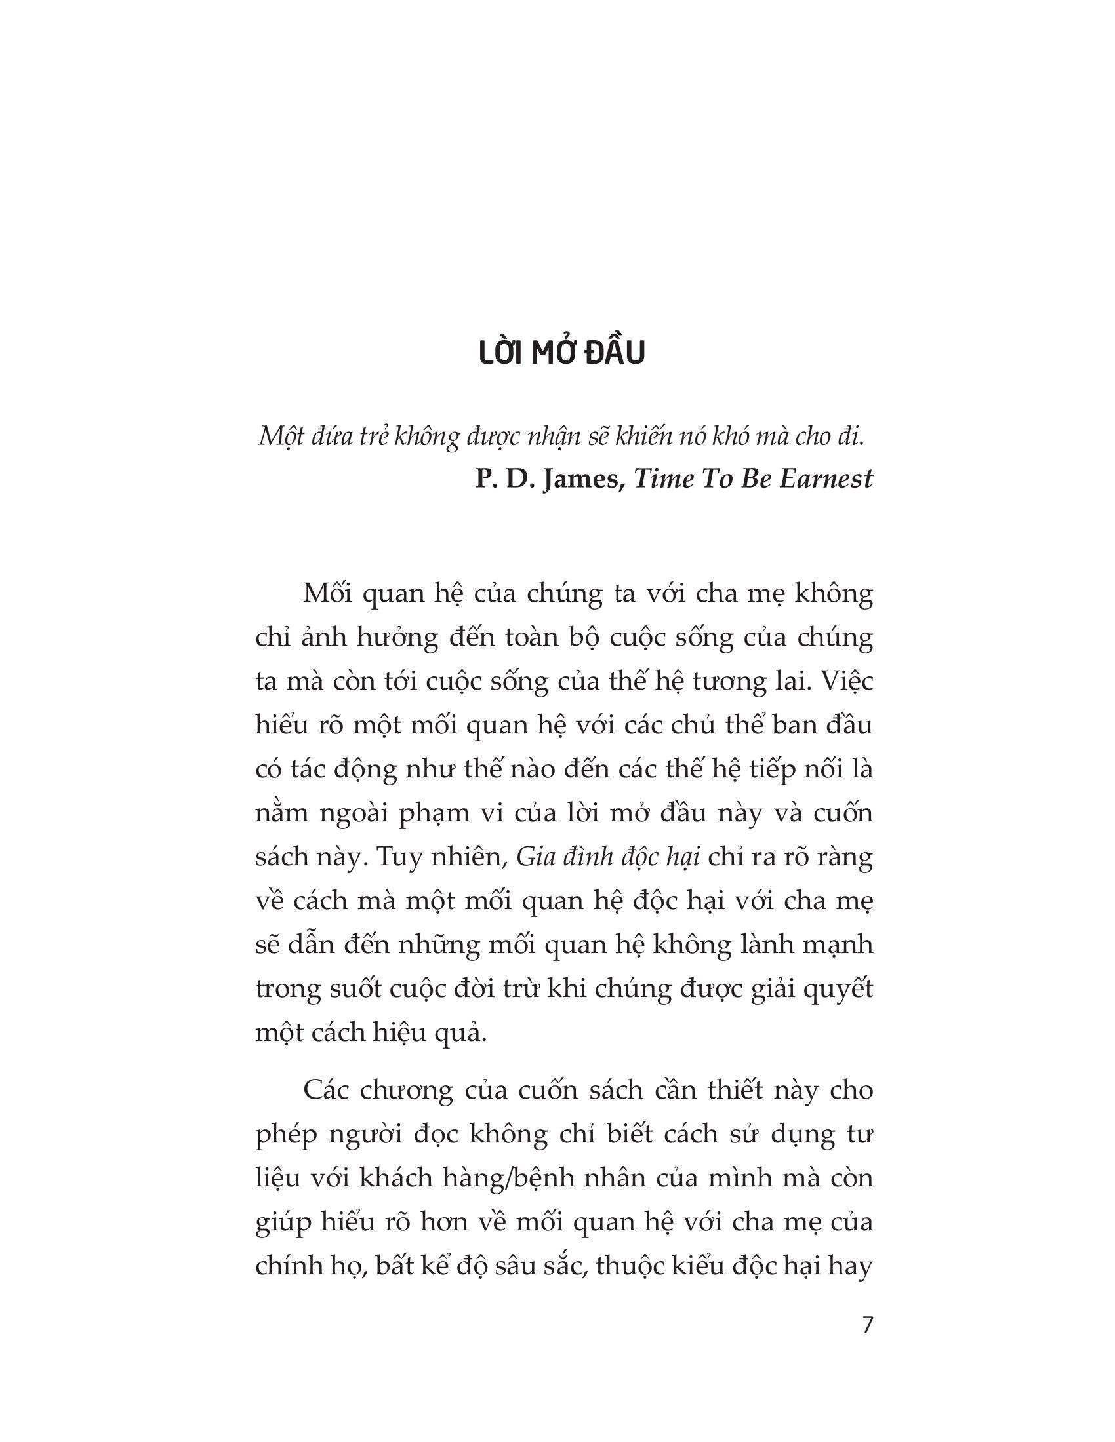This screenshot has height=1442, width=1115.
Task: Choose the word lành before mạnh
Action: tap(758, 944)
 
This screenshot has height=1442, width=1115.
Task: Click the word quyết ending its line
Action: tap(838, 988)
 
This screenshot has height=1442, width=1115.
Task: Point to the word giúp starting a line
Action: tap(281, 1222)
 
